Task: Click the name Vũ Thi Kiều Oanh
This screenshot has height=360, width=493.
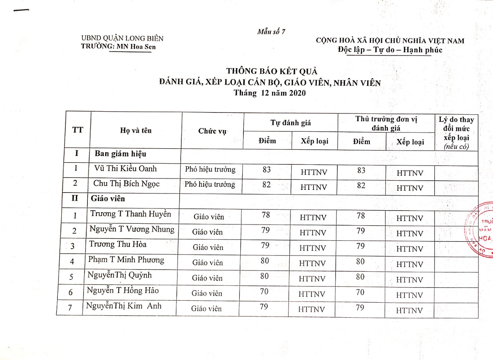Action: [125, 169]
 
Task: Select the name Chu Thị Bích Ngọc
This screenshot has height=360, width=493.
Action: [126, 184]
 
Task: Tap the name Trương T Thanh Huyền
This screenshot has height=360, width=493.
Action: [131, 214]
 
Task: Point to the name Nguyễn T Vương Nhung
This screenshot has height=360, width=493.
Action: [132, 229]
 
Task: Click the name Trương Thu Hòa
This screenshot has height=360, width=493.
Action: [118, 244]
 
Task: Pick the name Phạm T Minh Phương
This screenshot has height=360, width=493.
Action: [126, 260]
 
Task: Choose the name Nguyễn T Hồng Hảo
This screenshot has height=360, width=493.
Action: [123, 290]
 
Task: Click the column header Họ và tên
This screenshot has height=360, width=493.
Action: [136, 131]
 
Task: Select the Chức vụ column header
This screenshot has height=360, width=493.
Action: [211, 131]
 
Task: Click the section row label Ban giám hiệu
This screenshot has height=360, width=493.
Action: [121, 154]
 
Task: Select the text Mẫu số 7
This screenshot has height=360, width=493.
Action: [271, 32]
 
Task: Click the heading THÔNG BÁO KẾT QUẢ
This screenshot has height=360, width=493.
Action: [271, 71]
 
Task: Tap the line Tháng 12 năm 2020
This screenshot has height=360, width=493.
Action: [270, 93]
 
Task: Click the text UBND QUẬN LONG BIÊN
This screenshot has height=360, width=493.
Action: [122, 38]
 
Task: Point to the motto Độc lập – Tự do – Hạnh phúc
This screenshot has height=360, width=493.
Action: [390, 50]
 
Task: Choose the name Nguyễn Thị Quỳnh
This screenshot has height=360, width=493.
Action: [119, 275]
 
